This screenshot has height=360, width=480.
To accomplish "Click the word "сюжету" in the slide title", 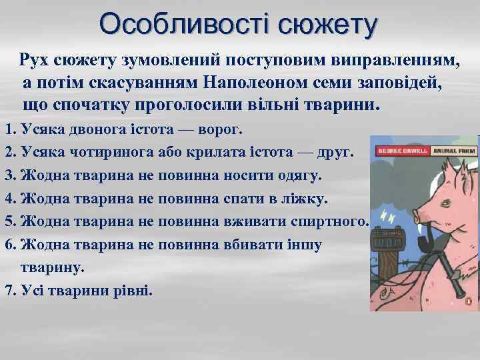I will [327, 25].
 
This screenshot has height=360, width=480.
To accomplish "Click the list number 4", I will [9, 199].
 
